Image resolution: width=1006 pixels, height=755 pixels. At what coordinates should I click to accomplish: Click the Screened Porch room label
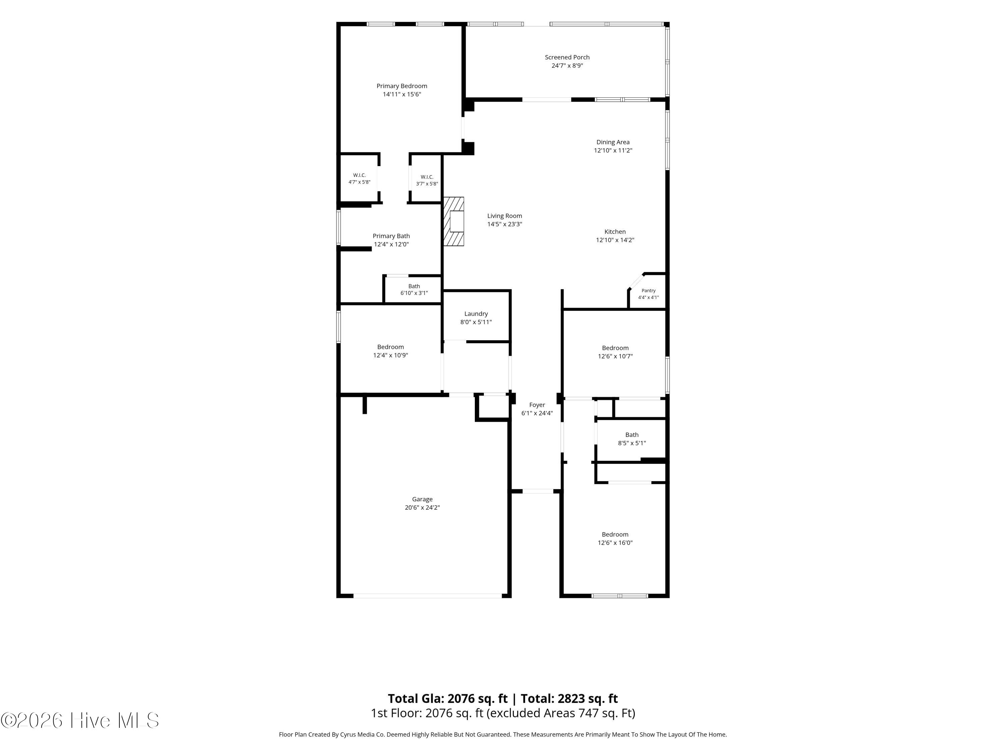[x=567, y=57]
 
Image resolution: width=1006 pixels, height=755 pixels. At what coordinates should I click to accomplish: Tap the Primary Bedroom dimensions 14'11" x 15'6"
[x=402, y=94]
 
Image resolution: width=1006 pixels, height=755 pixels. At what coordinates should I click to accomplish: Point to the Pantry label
[x=649, y=290]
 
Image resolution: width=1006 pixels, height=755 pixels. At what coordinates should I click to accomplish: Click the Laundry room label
[x=476, y=313]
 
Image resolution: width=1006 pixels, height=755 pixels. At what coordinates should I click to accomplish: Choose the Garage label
[x=423, y=499]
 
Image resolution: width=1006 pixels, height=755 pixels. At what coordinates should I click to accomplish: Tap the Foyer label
[x=537, y=405]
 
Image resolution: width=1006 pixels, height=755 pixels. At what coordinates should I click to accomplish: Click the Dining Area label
[x=613, y=142]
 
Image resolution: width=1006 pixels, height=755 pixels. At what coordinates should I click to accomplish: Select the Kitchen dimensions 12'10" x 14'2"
[x=615, y=240]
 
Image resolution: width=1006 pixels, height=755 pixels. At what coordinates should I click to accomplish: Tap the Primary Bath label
[x=391, y=236]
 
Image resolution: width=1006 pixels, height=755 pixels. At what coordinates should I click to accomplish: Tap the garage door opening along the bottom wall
[x=428, y=596]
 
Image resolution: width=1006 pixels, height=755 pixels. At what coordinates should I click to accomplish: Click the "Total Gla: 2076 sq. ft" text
[x=448, y=699]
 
